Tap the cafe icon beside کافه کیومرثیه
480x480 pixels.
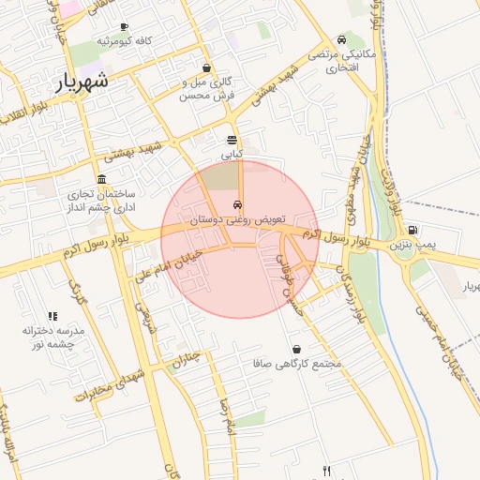click(x=125, y=28)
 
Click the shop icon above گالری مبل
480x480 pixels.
click(x=206, y=67)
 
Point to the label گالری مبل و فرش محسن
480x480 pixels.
click(x=206, y=89)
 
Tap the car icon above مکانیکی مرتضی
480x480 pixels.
click(x=341, y=40)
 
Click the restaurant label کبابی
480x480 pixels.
click(x=232, y=153)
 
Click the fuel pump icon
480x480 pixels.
click(x=413, y=231)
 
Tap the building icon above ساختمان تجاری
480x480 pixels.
click(x=102, y=179)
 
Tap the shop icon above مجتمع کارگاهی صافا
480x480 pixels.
click(x=297, y=349)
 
